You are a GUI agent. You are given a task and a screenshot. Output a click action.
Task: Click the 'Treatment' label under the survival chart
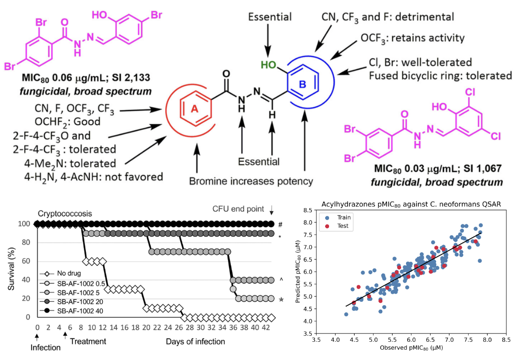click(x=87, y=341)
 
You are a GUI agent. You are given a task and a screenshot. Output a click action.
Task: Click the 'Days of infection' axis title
click(x=195, y=341)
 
